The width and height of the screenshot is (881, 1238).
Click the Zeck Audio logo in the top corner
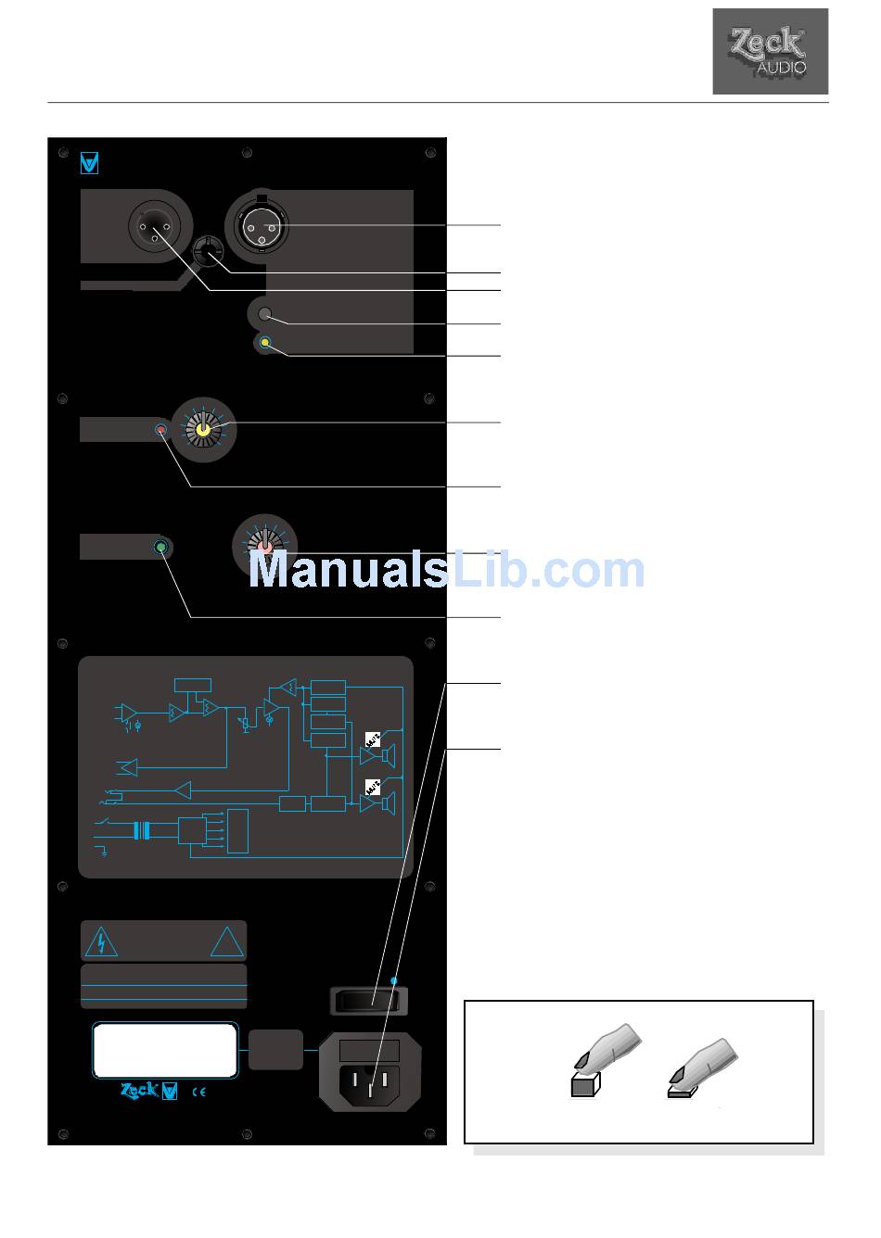(770, 52)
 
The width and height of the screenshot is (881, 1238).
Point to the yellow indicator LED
(266, 344)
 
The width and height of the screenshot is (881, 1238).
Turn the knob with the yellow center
(205, 428)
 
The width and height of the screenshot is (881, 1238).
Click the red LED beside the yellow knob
(161, 431)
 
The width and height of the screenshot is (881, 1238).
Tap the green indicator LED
(161, 548)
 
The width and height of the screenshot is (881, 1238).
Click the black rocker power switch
(369, 1001)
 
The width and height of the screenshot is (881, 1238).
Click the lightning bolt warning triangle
(101, 942)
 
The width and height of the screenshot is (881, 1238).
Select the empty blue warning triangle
(225, 942)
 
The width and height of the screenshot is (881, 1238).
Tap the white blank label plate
(164, 1050)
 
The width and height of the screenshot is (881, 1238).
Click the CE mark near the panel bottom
(198, 1092)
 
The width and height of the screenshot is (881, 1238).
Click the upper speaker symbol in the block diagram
(389, 755)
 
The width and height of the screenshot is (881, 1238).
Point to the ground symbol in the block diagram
(103, 851)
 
